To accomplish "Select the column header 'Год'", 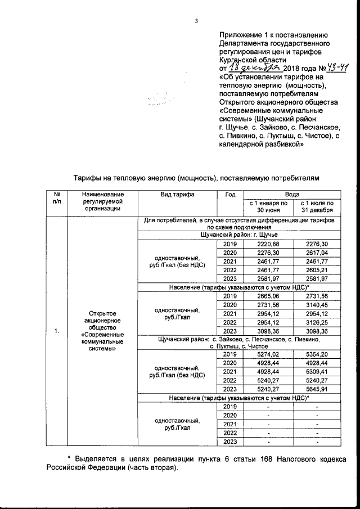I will [229, 194].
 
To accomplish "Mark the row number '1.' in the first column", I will [57, 331].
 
